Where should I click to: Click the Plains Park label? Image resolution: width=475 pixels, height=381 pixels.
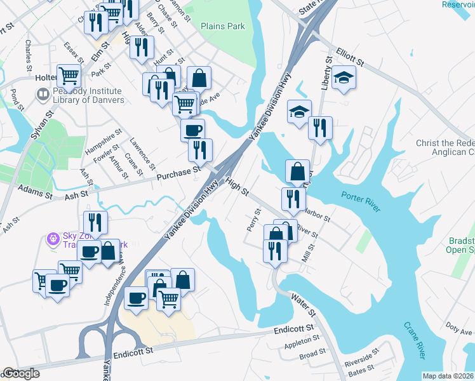pyautogui.click(x=222, y=27)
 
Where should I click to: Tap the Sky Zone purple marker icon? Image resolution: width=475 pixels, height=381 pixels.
pyautogui.click(x=53, y=239)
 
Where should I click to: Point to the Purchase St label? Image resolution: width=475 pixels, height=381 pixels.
pyautogui.click(x=179, y=170)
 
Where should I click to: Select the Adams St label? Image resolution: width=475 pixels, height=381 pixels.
pyautogui.click(x=33, y=189)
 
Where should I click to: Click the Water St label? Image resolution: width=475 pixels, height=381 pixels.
pyautogui.click(x=303, y=304)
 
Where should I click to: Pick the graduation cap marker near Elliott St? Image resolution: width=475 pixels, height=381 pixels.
pyautogui.click(x=344, y=78)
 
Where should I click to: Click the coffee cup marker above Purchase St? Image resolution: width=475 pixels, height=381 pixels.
pyautogui.click(x=193, y=131)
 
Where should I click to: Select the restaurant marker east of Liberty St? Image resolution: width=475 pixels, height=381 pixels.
pyautogui.click(x=319, y=128)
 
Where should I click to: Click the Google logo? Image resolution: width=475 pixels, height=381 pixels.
pyautogui.click(x=22, y=374)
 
